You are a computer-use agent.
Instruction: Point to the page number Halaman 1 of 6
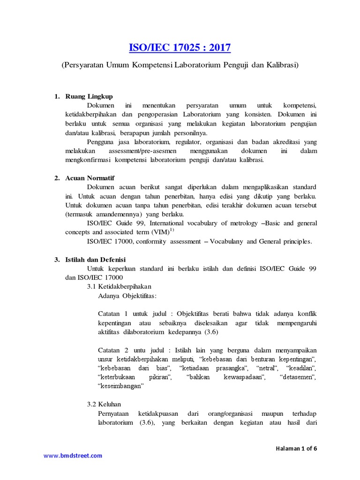[x=296, y=448]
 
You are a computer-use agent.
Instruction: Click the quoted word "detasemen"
[x=298, y=377]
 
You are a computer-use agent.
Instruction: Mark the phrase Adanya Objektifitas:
[x=128, y=296]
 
